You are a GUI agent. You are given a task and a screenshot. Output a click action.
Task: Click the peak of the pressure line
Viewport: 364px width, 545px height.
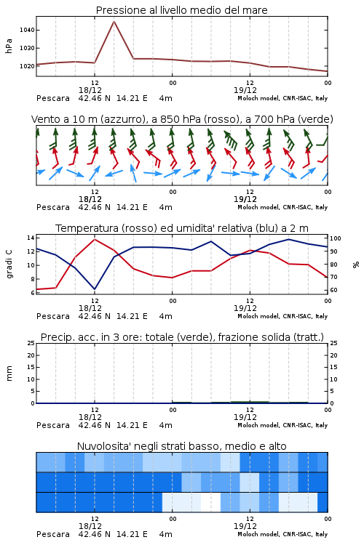click(114, 21)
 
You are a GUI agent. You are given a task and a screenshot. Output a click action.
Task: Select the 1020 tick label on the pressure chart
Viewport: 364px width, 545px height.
click(27, 66)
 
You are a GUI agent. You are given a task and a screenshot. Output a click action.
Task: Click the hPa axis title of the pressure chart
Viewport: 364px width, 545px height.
click(9, 46)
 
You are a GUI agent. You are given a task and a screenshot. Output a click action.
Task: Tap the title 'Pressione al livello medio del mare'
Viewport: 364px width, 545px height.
click(182, 10)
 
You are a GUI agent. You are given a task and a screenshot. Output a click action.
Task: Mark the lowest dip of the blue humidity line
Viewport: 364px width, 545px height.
click(95, 288)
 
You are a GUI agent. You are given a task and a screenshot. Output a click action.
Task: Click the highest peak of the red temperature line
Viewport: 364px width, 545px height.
click(95, 240)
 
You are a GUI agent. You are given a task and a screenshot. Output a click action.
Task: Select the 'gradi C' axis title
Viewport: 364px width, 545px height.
click(9, 264)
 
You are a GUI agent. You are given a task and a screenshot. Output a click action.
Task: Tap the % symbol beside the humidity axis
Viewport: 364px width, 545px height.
click(356, 265)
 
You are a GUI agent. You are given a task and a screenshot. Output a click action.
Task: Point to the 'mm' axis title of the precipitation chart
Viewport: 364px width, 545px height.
click(9, 373)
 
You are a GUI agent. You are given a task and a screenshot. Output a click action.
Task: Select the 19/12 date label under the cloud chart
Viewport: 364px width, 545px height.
click(245, 526)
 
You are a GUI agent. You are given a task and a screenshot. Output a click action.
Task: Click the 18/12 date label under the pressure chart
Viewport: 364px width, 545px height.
click(90, 90)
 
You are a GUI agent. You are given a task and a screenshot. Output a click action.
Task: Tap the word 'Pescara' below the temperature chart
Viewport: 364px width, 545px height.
click(53, 316)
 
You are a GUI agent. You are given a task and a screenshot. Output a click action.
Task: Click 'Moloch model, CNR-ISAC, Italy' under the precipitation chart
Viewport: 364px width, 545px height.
click(282, 425)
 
